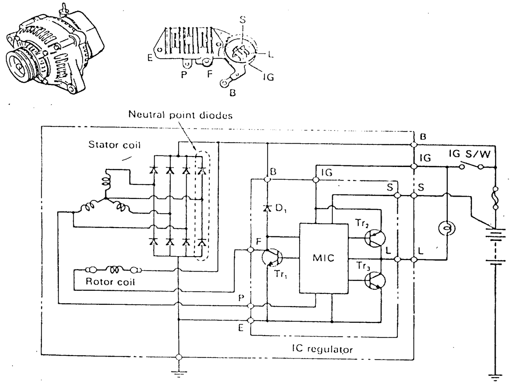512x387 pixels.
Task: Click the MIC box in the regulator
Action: click(x=324, y=258)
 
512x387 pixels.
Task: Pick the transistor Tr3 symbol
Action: click(x=375, y=280)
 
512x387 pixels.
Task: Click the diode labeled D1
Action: click(x=266, y=209)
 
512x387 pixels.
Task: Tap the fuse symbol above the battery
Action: click(x=495, y=198)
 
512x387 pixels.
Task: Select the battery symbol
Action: click(x=495, y=245)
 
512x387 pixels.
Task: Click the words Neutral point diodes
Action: click(x=180, y=115)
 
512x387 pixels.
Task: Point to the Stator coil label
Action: click(x=114, y=145)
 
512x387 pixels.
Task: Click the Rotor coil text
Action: click(x=110, y=282)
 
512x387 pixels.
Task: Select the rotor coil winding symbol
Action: click(x=115, y=271)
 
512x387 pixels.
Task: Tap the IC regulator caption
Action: click(x=322, y=349)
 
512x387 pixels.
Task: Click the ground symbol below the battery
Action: click(x=495, y=377)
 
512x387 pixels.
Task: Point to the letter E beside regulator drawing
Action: click(x=150, y=58)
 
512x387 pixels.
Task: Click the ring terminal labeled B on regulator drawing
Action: click(x=224, y=83)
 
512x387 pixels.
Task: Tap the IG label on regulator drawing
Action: click(x=268, y=77)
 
